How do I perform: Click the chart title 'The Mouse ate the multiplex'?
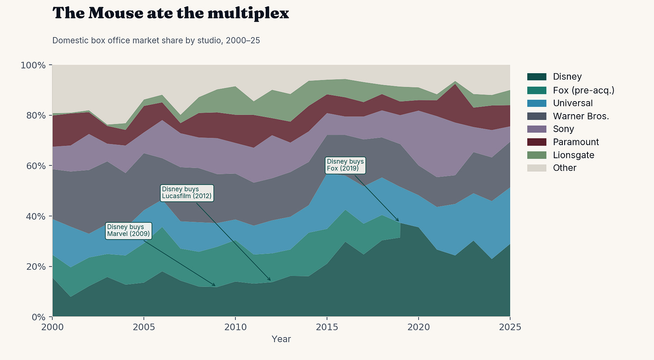(171, 13)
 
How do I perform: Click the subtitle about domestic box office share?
(156, 40)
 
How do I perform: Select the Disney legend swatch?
(537, 77)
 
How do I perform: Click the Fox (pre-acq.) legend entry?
(570, 90)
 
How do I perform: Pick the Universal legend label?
(573, 103)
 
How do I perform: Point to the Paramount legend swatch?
(537, 142)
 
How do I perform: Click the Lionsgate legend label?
(574, 155)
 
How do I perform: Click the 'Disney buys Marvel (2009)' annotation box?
(128, 231)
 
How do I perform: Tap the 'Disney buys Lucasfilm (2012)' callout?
(187, 193)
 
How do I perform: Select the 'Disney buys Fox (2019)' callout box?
(345, 165)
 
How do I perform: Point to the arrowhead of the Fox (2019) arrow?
(398, 221)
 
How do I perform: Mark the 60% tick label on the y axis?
(36, 166)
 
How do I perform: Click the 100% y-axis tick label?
(33, 65)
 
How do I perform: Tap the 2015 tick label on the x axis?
(327, 327)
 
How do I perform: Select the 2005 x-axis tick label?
(144, 327)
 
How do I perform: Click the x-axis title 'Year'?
(281, 339)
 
